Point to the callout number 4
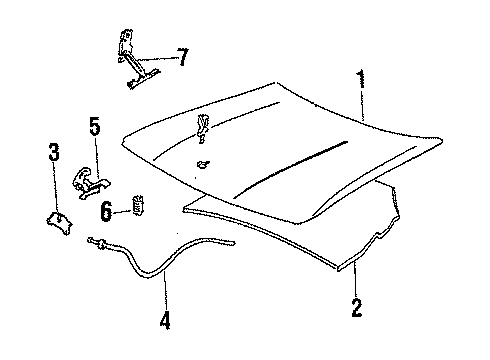click(x=164, y=323)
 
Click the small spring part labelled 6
click(x=138, y=206)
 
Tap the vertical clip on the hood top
click(x=203, y=124)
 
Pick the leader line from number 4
click(x=164, y=300)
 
